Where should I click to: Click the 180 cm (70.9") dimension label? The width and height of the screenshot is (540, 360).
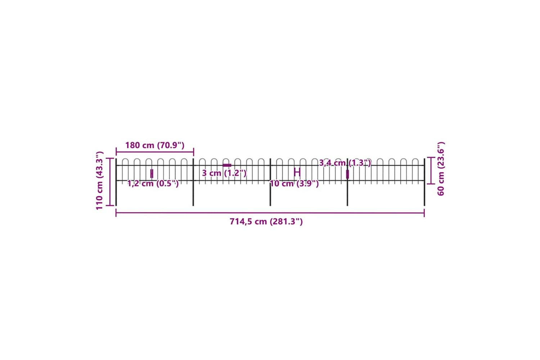pos(155,145)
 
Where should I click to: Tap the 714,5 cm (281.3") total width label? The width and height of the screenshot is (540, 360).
pos(266,221)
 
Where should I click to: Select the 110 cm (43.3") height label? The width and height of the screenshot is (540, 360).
pos(100,180)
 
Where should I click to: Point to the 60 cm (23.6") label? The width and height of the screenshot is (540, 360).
pos(441,169)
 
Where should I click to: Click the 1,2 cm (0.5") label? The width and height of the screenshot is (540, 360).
pos(153,184)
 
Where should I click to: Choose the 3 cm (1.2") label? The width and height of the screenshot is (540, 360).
pos(224,173)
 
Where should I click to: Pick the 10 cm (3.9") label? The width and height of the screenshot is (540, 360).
pos(294,184)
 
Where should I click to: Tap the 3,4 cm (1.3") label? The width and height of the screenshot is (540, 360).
pos(345,163)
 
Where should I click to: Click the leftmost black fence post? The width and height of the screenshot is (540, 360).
pos(116,182)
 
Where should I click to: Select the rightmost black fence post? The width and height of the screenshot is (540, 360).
pos(424,182)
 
